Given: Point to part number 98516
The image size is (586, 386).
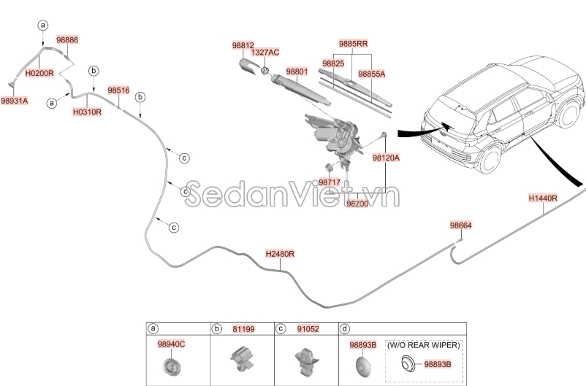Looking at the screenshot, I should coord(118,90).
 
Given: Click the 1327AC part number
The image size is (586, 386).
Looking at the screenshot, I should coord(265,53).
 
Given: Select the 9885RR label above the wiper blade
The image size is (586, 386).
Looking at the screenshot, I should coord(352,44).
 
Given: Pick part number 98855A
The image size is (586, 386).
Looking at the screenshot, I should coord(371,74).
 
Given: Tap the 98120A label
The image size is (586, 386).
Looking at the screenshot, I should coord(384,157).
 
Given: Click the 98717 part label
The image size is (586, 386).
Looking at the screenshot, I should coord(330,182).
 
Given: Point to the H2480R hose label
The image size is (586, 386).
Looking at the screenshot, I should coord(280,254).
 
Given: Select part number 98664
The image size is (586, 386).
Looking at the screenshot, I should coord(460,226).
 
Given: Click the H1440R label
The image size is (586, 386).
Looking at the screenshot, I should coord(543,198).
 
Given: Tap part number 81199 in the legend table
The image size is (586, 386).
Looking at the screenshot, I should coord(244,329).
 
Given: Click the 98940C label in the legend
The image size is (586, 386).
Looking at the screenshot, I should coord(172,344).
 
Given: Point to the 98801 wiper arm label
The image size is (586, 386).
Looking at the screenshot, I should coord(297,72).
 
